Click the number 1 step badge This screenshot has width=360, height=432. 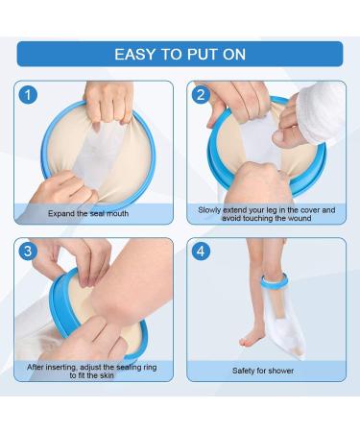[x=28, y=95]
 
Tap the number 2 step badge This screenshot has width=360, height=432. [x=201, y=95]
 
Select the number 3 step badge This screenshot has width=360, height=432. [x=28, y=251]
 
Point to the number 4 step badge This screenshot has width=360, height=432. [x=201, y=251]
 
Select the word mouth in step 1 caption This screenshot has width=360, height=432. [x=117, y=213]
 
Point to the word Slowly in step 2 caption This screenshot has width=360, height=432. [x=209, y=210]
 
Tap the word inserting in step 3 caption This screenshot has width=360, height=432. [x=61, y=367]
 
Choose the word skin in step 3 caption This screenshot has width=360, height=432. [x=107, y=375]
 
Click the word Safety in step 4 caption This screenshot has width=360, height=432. [x=243, y=371]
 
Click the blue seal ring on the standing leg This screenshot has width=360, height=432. [x=275, y=280]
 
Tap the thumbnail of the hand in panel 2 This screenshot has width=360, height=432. [x=277, y=137]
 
